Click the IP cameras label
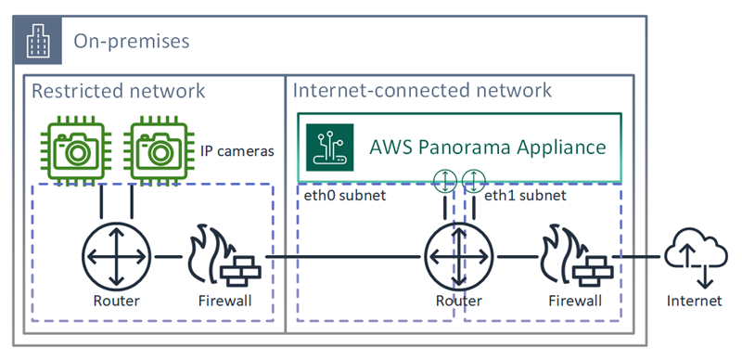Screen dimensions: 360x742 [237, 150]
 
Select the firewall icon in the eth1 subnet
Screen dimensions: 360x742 [573, 255]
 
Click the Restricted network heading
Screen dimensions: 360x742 [118, 91]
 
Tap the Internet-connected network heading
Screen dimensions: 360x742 [422, 91]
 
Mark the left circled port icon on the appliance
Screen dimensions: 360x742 [446, 181]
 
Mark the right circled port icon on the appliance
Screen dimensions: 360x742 [473, 181]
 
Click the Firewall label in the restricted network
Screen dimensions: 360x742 [224, 301]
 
